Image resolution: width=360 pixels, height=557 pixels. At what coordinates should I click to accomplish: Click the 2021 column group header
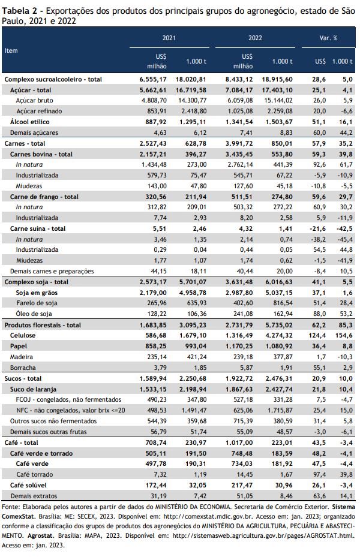click(x=169, y=38)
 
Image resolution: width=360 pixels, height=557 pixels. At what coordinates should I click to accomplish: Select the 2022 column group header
click(x=255, y=38)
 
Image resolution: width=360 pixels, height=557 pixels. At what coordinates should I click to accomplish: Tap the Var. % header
click(x=328, y=38)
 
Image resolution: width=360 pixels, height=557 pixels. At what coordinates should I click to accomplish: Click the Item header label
click(x=11, y=50)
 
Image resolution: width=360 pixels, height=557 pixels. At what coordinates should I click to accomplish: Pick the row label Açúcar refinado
click(x=39, y=111)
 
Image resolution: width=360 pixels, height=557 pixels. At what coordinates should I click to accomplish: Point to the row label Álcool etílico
click(x=30, y=122)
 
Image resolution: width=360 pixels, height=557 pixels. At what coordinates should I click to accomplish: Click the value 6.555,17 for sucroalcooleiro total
click(x=153, y=79)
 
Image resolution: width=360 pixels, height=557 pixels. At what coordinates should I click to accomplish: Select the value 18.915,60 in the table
click(x=277, y=79)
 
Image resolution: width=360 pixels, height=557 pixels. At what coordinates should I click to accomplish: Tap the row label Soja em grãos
click(x=37, y=293)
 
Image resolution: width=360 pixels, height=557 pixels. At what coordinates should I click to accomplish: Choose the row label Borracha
click(x=23, y=368)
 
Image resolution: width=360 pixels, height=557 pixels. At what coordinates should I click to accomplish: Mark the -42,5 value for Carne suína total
click(x=344, y=228)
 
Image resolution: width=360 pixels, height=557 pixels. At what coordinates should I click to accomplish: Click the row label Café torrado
click(x=34, y=475)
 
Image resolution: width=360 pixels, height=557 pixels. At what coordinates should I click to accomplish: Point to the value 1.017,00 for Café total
click(x=239, y=442)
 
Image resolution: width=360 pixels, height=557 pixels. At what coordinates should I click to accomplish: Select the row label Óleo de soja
click(x=34, y=314)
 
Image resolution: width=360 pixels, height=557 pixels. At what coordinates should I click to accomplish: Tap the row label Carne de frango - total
click(x=44, y=197)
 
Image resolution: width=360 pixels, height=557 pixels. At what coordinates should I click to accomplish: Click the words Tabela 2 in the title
click(x=19, y=11)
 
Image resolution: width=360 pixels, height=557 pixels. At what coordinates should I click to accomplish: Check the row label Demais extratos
click(x=34, y=496)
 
